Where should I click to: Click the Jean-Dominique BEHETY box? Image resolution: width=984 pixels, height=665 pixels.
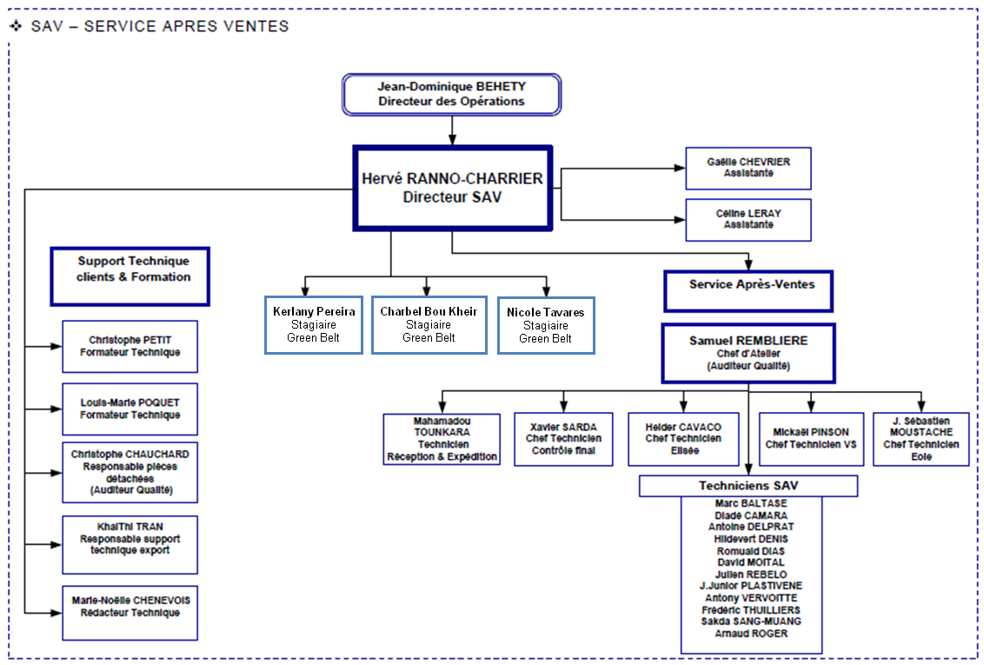(451, 94)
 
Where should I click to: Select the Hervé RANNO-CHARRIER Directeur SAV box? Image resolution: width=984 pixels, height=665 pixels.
(452, 189)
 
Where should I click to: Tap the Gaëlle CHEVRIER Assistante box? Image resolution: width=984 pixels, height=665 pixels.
(748, 168)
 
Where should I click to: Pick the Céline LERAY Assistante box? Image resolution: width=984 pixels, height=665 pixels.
(748, 220)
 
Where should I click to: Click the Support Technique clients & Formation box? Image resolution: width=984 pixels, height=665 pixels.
(130, 276)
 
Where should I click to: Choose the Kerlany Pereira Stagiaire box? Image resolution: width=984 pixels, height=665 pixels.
(313, 325)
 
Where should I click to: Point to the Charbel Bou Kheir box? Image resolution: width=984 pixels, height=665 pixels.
(429, 325)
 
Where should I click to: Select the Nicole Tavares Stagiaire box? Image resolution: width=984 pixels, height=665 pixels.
(546, 325)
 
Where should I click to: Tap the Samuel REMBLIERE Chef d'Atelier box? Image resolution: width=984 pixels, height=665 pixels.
(748, 354)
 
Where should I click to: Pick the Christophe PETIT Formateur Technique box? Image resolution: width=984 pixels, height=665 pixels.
(130, 347)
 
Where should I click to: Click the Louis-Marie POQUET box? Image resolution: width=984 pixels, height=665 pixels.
(130, 409)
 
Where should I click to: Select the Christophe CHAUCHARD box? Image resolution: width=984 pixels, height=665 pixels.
(130, 472)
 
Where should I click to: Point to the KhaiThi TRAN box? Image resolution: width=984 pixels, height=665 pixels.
(130, 545)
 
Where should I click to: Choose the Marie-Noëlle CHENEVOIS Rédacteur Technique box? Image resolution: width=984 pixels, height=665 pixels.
(130, 613)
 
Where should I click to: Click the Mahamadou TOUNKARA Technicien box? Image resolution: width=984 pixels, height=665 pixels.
(442, 439)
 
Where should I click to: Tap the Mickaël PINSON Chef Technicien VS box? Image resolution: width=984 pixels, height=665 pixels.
(810, 439)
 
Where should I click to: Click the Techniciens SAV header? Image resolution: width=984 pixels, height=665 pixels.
(748, 486)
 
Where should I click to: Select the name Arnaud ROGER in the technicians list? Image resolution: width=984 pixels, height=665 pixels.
(751, 634)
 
